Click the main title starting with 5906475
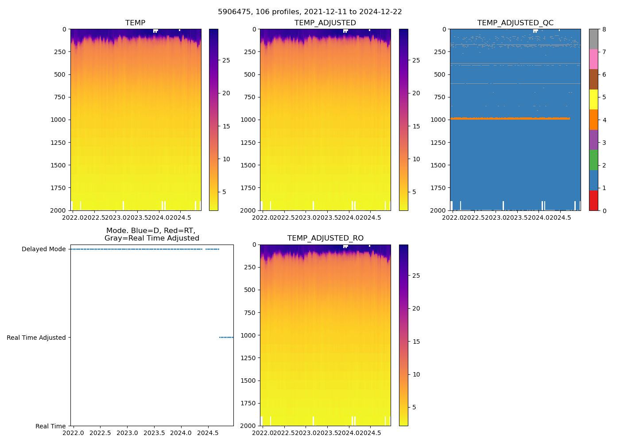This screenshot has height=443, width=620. (310, 12)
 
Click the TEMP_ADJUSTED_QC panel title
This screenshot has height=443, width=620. (515, 23)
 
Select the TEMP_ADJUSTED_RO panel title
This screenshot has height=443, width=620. (325, 238)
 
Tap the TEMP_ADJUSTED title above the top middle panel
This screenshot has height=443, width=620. (325, 23)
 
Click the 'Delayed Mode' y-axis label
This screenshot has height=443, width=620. (43, 249)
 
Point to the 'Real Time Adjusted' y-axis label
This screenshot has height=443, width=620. (36, 338)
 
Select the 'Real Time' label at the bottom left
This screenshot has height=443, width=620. (50, 426)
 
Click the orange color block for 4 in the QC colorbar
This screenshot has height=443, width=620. (593, 120)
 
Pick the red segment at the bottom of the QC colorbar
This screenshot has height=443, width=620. (593, 200)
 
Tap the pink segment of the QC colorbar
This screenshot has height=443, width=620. (593, 59)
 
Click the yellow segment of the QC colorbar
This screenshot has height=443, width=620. (593, 99)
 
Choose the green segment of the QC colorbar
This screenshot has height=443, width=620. (593, 160)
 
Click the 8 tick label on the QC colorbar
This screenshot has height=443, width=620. (604, 29)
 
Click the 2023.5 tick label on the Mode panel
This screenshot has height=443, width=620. (154, 432)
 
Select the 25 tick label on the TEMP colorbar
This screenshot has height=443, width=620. (226, 60)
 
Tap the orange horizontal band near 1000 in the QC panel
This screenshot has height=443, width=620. (509, 118)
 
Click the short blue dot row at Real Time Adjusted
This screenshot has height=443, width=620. (226, 338)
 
